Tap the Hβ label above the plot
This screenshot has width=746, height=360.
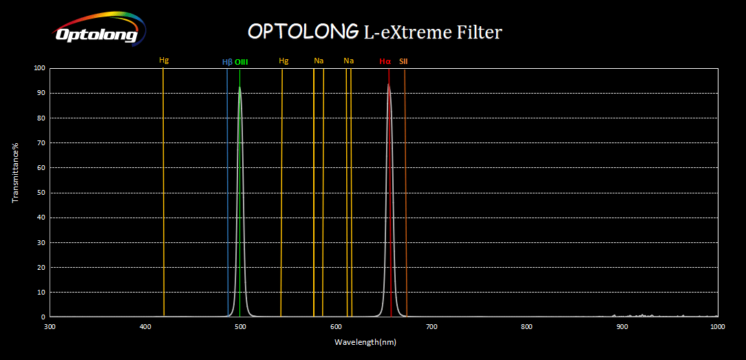pyautogui.click(x=227, y=62)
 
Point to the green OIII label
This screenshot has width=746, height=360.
pyautogui.click(x=241, y=62)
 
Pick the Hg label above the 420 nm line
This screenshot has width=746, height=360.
pyautogui.click(x=164, y=61)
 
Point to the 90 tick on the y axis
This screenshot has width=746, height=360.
pyautogui.click(x=40, y=93)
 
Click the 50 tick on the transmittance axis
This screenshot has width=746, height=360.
pyautogui.click(x=40, y=193)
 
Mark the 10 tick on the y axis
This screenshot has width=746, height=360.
pyautogui.click(x=40, y=293)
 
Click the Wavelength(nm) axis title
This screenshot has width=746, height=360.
pyautogui.click(x=365, y=341)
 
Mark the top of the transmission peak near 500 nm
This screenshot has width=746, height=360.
pyautogui.click(x=239, y=87)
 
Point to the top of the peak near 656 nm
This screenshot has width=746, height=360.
pyautogui.click(x=388, y=85)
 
